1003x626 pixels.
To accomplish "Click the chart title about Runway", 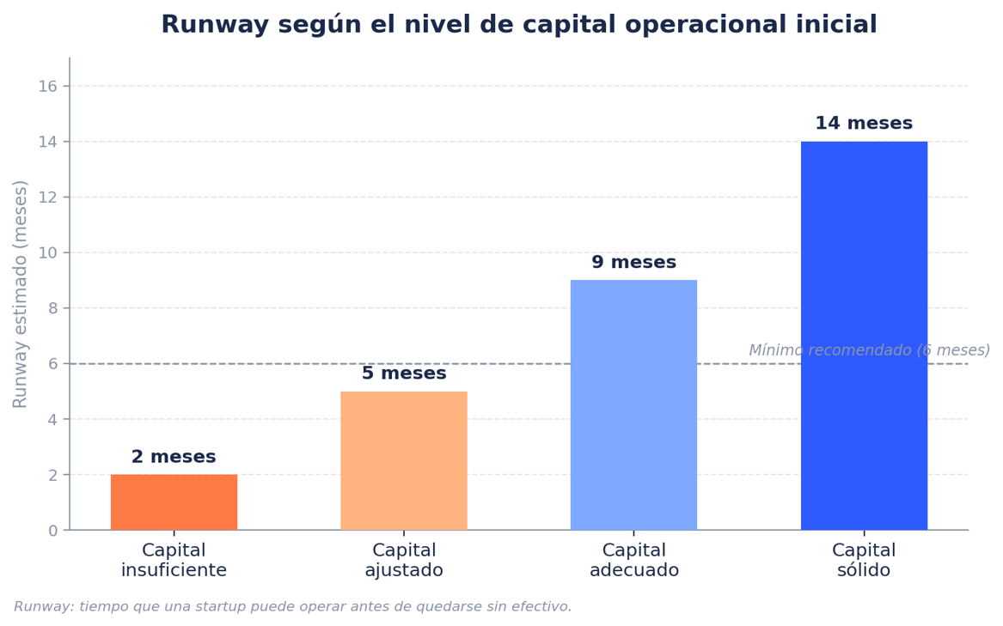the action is click(519, 25).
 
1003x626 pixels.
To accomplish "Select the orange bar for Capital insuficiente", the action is click(174, 502).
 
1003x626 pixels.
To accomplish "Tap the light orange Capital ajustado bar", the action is click(404, 460).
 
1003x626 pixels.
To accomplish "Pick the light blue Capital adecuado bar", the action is click(634, 404).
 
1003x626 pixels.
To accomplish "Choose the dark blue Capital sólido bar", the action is click(864, 336).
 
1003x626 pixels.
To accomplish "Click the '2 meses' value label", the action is click(174, 457).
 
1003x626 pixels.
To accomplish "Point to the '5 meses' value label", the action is click(404, 373).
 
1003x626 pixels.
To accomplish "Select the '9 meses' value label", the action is click(634, 262).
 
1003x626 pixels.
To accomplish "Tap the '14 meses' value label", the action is click(864, 123).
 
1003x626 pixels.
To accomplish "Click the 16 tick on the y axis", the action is click(48, 87).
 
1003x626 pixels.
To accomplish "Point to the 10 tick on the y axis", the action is click(48, 252).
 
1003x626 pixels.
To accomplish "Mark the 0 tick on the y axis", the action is click(52, 530).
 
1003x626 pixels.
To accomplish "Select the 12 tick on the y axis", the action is click(48, 197).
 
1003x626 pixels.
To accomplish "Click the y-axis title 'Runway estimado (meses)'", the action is click(21, 295).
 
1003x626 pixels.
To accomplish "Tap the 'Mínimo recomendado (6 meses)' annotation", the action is click(869, 350).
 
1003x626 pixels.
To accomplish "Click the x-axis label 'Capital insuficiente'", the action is click(174, 560).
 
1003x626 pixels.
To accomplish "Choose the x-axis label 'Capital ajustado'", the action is click(404, 560).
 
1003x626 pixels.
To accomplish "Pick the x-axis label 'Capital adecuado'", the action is click(634, 560).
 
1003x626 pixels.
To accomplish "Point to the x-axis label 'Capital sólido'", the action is click(864, 560).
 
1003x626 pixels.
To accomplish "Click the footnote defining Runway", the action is click(293, 606).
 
